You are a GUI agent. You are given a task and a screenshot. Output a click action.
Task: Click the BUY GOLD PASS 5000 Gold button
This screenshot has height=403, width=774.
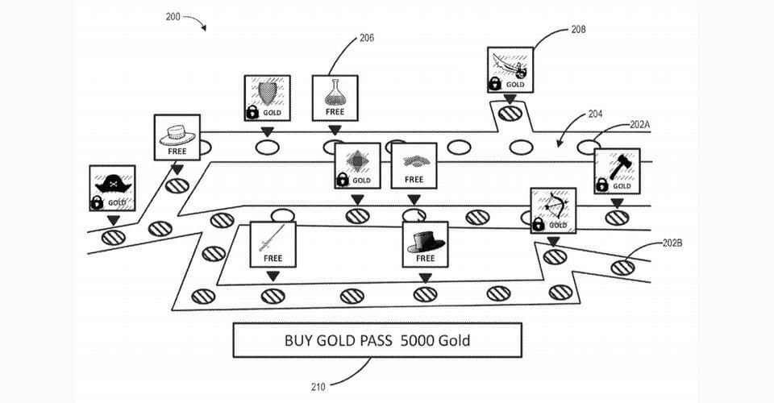click(x=377, y=340)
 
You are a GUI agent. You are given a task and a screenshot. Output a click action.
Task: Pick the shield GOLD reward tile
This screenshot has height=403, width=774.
click(x=267, y=98)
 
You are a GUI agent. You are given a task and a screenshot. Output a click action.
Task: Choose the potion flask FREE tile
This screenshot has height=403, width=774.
click(x=335, y=98)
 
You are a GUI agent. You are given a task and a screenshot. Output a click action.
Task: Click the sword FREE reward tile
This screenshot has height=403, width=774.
click(x=273, y=243)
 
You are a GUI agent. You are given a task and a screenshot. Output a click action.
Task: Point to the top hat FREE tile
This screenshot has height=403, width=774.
click(x=425, y=243)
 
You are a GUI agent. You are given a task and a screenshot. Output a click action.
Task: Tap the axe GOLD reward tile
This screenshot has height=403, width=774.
click(x=617, y=171)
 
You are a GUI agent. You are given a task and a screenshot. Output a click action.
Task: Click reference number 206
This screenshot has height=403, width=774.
click(x=366, y=38)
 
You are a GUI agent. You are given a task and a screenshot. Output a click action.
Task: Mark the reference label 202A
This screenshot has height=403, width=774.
click(x=640, y=125)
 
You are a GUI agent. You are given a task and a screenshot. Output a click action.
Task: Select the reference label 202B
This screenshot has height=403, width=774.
click(x=673, y=243)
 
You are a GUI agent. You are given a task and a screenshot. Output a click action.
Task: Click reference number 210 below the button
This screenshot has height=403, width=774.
click(x=318, y=387)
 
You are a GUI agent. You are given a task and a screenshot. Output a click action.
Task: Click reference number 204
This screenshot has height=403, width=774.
click(x=595, y=114)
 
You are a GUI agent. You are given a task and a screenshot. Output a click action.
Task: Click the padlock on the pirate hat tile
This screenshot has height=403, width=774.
click(x=98, y=202)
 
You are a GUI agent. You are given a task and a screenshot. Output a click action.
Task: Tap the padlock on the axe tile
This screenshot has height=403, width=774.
click(x=601, y=185)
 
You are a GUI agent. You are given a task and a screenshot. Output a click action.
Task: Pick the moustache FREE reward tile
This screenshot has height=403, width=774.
click(x=414, y=165)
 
